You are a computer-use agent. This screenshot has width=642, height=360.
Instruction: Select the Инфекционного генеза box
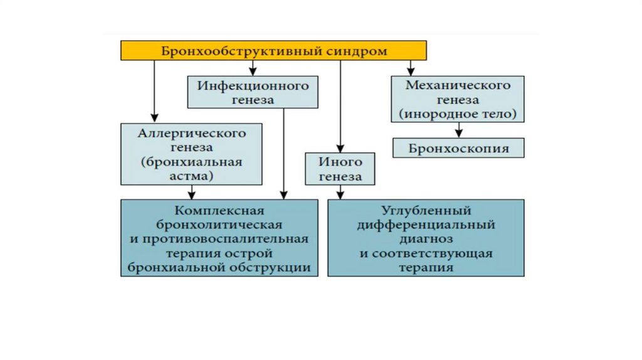click(253, 92)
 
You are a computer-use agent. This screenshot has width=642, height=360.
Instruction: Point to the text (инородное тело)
click(458, 114)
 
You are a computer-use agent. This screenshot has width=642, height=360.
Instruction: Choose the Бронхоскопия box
click(458, 149)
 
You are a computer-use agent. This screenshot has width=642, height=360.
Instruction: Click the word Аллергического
click(191, 134)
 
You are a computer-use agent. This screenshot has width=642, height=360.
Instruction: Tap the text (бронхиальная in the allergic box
click(191, 162)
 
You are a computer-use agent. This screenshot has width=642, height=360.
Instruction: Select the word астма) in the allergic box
click(191, 176)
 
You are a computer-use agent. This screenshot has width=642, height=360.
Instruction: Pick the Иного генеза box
click(340, 169)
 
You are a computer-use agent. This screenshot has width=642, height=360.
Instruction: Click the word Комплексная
click(218, 210)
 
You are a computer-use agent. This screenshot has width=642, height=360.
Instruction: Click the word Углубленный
click(426, 210)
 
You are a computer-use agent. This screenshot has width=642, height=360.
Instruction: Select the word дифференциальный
click(426, 225)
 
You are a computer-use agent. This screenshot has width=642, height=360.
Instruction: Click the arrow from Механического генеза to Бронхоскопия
click(459, 130)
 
